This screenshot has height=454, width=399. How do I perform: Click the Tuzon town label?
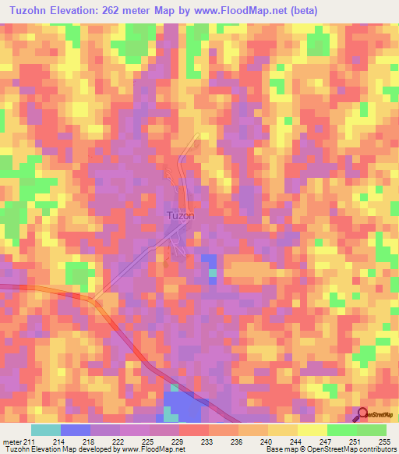[x=180, y=215]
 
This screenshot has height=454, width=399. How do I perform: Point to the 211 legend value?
[x=28, y=442]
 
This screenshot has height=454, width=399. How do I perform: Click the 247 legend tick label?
[x=327, y=442]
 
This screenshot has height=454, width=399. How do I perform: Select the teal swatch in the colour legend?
[x=46, y=430]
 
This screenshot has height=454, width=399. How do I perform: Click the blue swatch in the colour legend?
[x=76, y=430]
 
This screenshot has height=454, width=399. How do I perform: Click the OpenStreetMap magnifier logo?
[x=363, y=415]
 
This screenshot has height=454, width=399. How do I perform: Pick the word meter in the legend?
[x=10, y=442]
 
